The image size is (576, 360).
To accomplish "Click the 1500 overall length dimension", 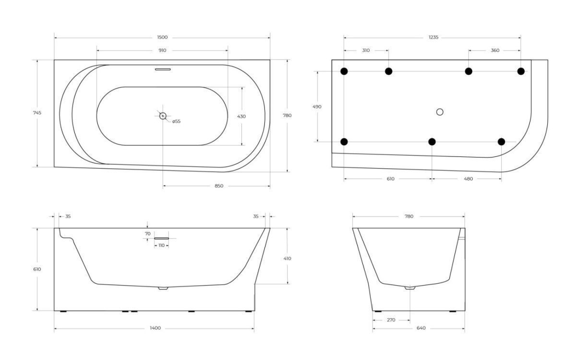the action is click(x=162, y=37).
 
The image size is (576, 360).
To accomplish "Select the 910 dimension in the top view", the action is click(x=162, y=50).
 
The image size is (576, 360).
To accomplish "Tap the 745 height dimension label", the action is click(x=37, y=113).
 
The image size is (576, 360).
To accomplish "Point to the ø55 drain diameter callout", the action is click(x=177, y=121).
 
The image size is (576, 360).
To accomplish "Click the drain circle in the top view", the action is click(x=163, y=116).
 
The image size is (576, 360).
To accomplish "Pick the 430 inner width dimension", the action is click(x=241, y=117).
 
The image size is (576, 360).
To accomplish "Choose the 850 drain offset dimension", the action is click(x=219, y=186).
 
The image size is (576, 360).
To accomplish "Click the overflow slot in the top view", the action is click(x=163, y=69).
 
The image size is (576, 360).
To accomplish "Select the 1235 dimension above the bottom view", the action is click(x=433, y=37).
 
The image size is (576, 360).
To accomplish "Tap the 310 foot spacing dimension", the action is click(x=366, y=50).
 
